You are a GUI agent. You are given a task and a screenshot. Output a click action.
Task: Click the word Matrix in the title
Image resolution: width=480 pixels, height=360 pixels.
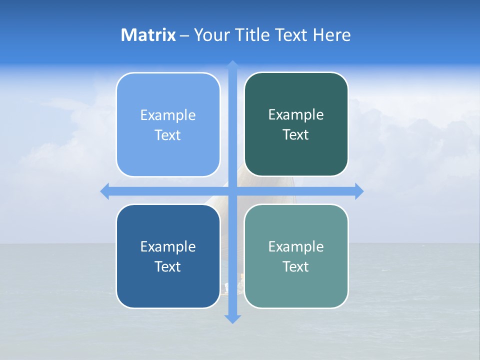pos(148,35)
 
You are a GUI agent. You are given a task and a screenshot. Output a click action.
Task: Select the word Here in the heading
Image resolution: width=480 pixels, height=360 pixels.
pos(332,35)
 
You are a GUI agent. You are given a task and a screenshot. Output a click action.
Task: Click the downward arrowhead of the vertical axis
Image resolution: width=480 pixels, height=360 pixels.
pos(232,318)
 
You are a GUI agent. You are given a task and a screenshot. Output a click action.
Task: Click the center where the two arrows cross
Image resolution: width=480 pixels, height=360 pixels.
pos(232,191)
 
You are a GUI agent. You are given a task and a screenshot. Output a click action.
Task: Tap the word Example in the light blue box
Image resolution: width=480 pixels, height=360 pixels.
pos(168,115)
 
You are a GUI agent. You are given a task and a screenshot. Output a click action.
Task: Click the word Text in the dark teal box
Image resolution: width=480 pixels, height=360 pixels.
pos(296,135)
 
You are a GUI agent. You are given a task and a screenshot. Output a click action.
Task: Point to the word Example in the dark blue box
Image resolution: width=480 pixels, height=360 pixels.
pos(168,247)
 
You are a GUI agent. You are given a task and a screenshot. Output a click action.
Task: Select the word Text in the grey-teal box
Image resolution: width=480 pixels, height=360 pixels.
pos(296,267)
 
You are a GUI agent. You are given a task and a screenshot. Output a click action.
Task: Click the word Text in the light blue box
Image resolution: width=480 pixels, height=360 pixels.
pos(168,135)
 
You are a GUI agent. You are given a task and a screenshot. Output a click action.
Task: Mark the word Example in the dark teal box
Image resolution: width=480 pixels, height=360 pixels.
pos(296,115)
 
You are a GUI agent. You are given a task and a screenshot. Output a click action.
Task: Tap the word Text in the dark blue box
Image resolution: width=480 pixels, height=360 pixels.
pos(168,267)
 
